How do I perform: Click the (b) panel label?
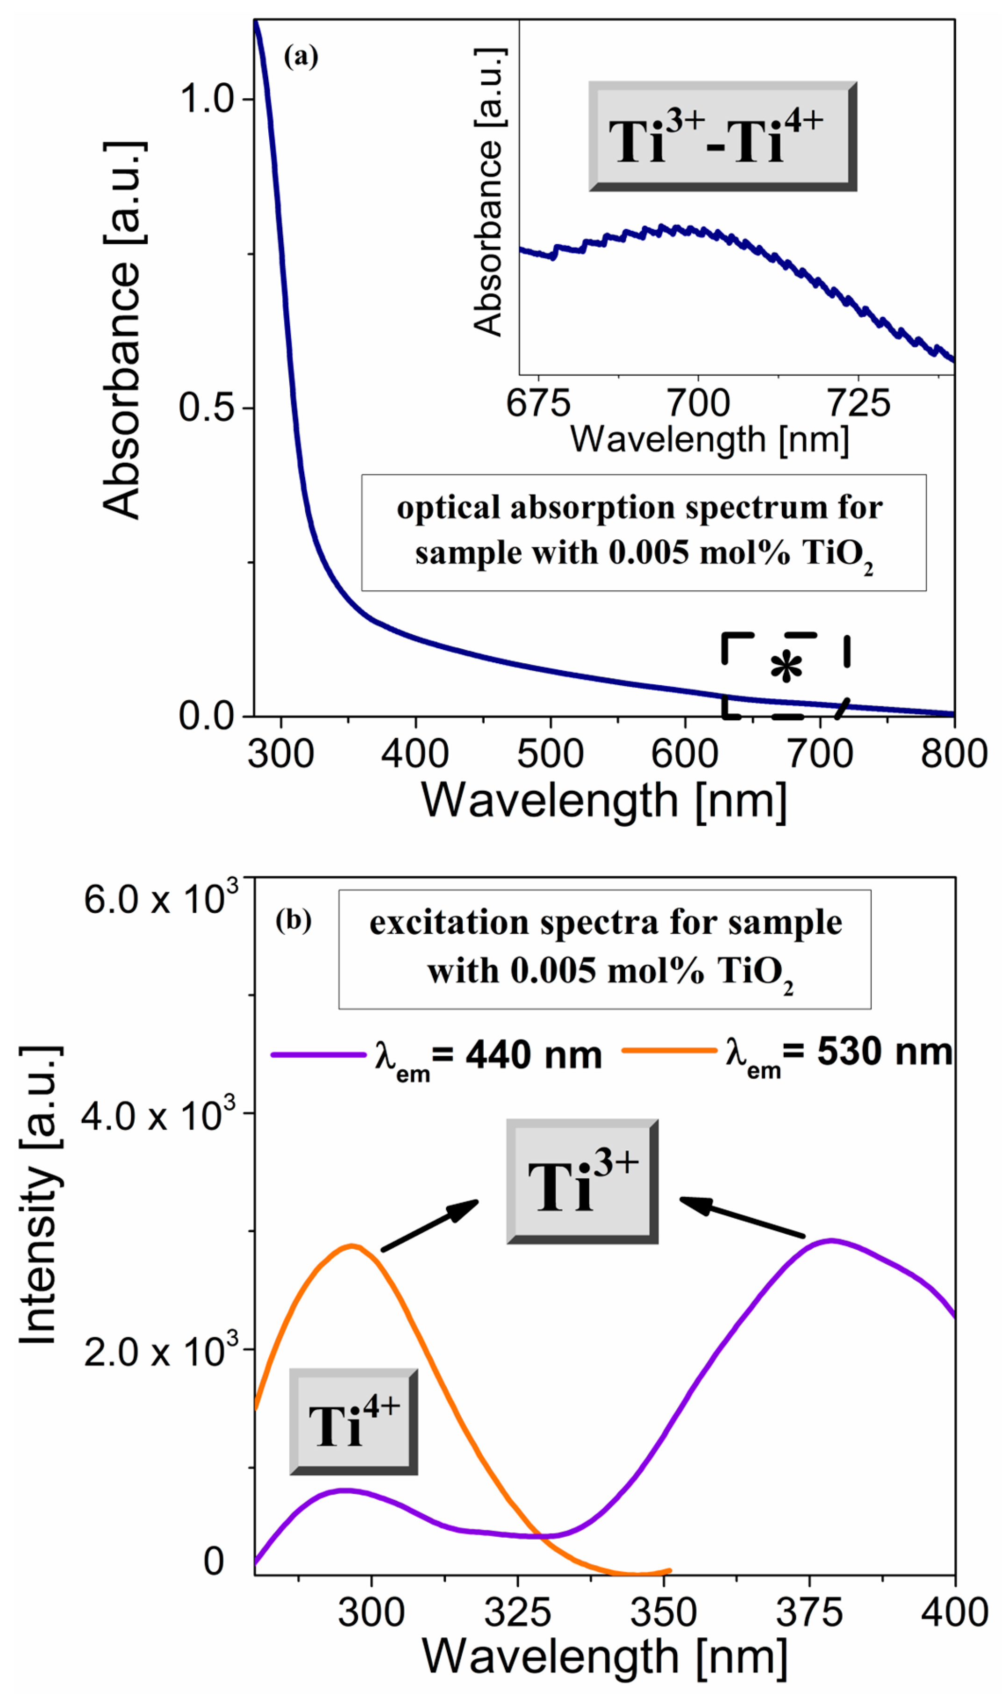tap(293, 920)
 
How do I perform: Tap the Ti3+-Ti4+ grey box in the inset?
tap(722, 137)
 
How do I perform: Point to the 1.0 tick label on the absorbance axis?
tap(206, 99)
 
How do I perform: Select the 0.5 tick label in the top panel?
tap(206, 408)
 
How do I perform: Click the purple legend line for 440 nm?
tap(318, 1054)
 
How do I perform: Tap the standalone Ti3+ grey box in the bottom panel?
tap(582, 1181)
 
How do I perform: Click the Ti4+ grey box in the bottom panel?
tap(353, 1422)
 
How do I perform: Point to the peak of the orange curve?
tap(352, 1246)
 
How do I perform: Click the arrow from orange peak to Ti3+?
tap(430, 1225)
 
